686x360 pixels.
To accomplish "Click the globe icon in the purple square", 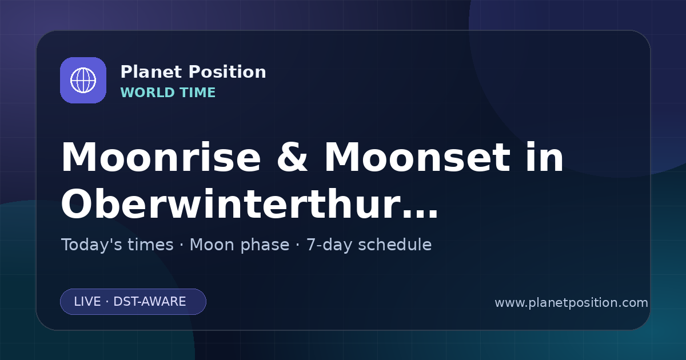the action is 83,80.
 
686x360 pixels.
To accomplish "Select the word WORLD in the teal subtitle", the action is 148,93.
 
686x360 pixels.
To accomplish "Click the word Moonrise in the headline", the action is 161,157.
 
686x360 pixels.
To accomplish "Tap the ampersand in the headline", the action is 292,157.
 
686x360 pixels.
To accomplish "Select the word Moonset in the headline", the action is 417,157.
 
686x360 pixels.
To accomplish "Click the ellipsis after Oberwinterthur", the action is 420,214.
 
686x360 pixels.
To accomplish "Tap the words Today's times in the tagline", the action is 117,245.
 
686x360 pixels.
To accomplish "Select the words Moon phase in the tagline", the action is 240,245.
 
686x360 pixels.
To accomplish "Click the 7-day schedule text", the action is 369,245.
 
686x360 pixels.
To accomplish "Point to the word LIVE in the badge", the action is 87,302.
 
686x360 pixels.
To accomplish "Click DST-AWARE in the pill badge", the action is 149,302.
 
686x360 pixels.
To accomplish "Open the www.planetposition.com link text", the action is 571,303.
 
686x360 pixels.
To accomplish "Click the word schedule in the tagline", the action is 395,245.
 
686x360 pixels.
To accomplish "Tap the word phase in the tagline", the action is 265,246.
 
